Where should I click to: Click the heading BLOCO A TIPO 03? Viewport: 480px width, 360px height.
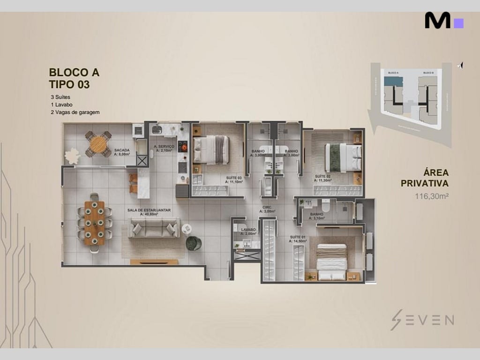74,78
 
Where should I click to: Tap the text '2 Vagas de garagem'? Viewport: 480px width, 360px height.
75,112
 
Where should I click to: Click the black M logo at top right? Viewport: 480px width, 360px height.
438,21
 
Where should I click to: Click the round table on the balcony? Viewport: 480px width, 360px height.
98,144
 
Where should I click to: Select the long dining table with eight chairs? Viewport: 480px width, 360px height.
95,223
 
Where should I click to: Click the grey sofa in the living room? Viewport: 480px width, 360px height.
154,228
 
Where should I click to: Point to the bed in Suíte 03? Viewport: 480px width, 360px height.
211,150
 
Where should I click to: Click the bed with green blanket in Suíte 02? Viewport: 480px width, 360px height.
344,157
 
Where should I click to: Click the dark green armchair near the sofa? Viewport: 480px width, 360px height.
193,243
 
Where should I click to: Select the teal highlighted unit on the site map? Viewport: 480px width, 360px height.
393,81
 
